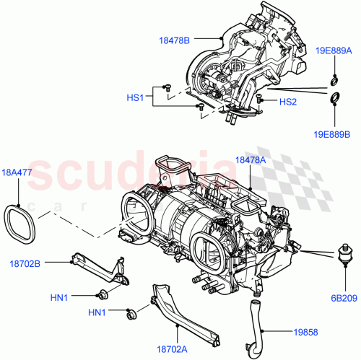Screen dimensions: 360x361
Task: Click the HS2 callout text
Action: (287, 101)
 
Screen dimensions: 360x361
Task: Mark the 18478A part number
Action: (251, 160)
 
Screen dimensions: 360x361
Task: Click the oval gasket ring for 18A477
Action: (22, 223)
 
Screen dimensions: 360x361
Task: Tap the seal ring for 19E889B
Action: (336, 98)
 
